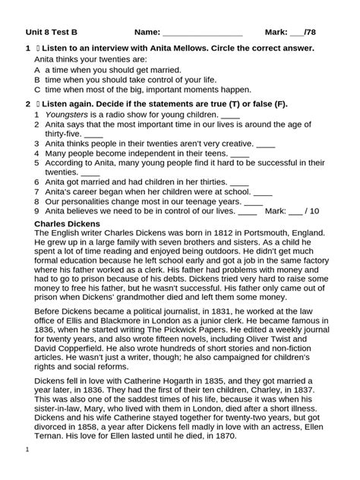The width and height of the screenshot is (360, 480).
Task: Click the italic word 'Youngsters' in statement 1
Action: (68, 114)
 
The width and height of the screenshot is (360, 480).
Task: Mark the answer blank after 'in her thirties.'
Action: (238, 183)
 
